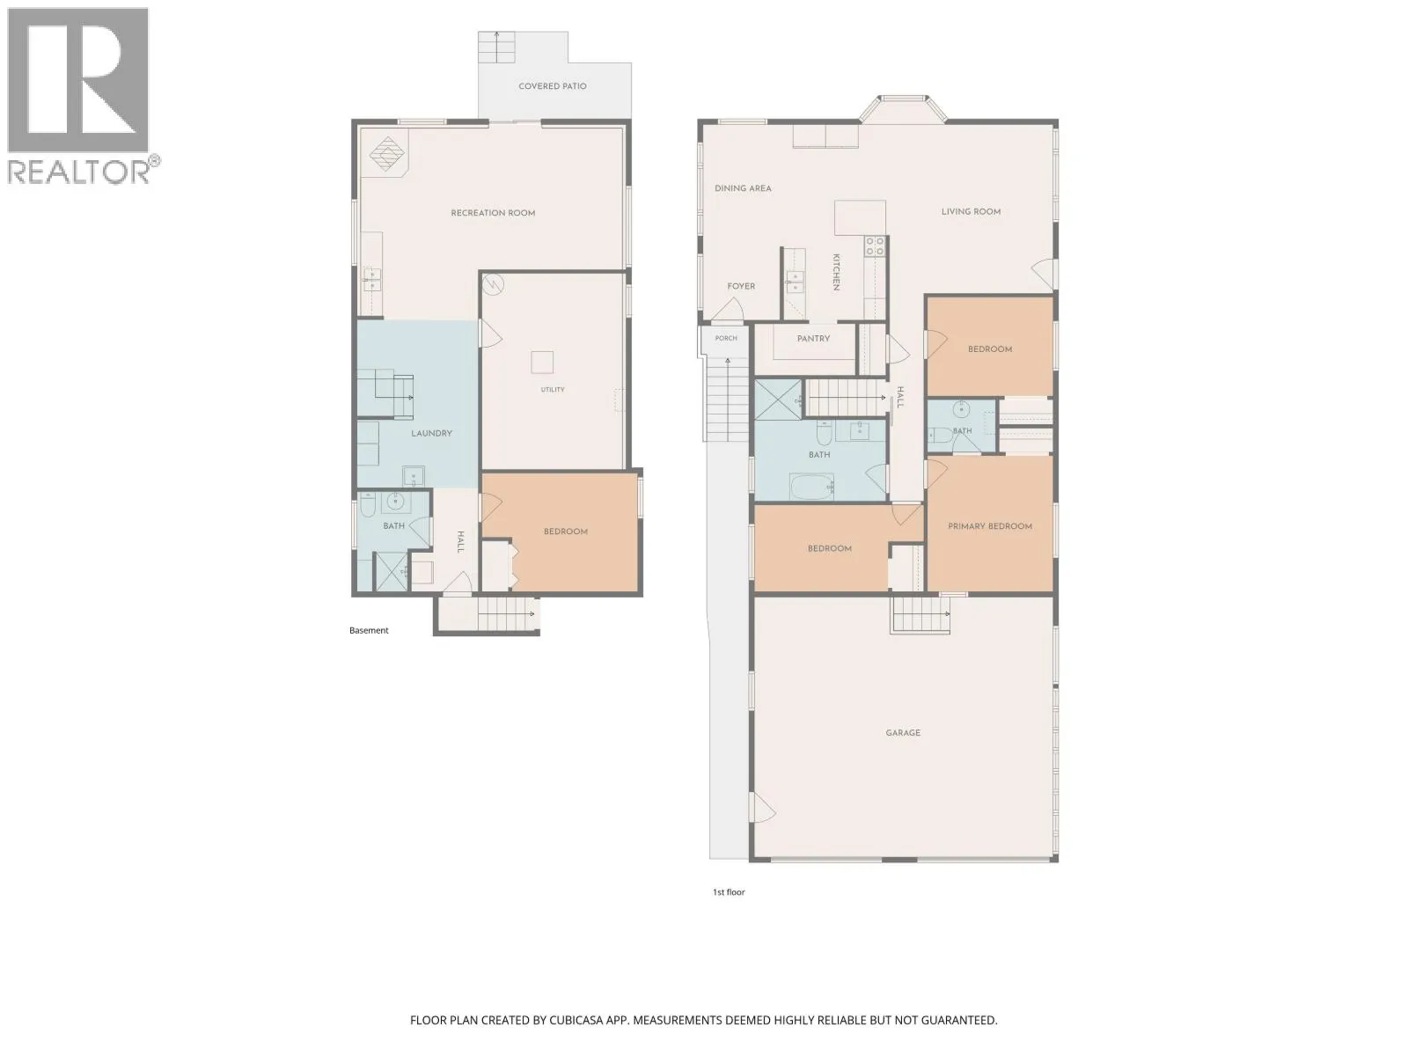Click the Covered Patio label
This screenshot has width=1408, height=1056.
[x=553, y=86]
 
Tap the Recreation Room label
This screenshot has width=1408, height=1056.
[x=493, y=213]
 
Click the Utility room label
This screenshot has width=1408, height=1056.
[x=553, y=389]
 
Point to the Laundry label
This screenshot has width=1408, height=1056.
[x=432, y=434]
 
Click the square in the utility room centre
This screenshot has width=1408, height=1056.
[x=542, y=363]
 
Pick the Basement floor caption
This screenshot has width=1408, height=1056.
[x=369, y=630]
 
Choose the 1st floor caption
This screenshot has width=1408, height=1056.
[x=729, y=891]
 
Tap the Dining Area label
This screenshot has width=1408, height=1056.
[x=743, y=188]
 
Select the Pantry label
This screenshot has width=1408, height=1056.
[x=813, y=339]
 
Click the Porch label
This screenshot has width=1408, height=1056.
[x=726, y=338]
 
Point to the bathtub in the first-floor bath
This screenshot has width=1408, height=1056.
[x=812, y=487]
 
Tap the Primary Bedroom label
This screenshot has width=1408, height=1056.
[x=990, y=526]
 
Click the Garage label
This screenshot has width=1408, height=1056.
[x=903, y=733]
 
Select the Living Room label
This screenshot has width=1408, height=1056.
[x=972, y=211]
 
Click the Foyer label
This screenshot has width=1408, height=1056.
[x=741, y=287]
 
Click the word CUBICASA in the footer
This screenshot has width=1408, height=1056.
[x=576, y=1020]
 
